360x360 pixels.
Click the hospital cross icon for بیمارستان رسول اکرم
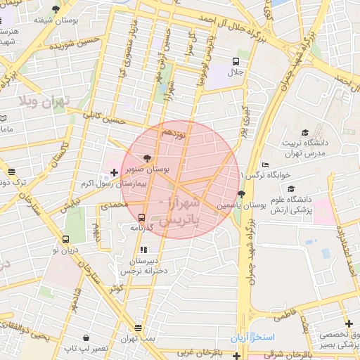115,172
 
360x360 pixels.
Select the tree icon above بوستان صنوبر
146,159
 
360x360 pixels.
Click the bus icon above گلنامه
142,217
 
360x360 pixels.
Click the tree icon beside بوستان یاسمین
242,194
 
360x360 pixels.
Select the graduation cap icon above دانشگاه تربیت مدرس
305,133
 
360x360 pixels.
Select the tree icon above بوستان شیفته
56,9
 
